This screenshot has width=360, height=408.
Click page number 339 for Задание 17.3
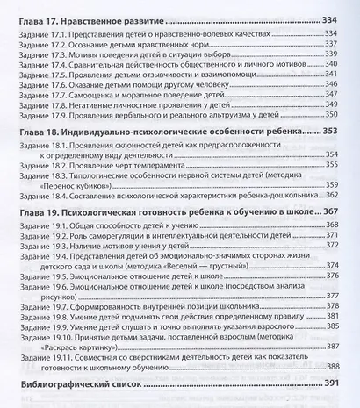click(331, 55)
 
